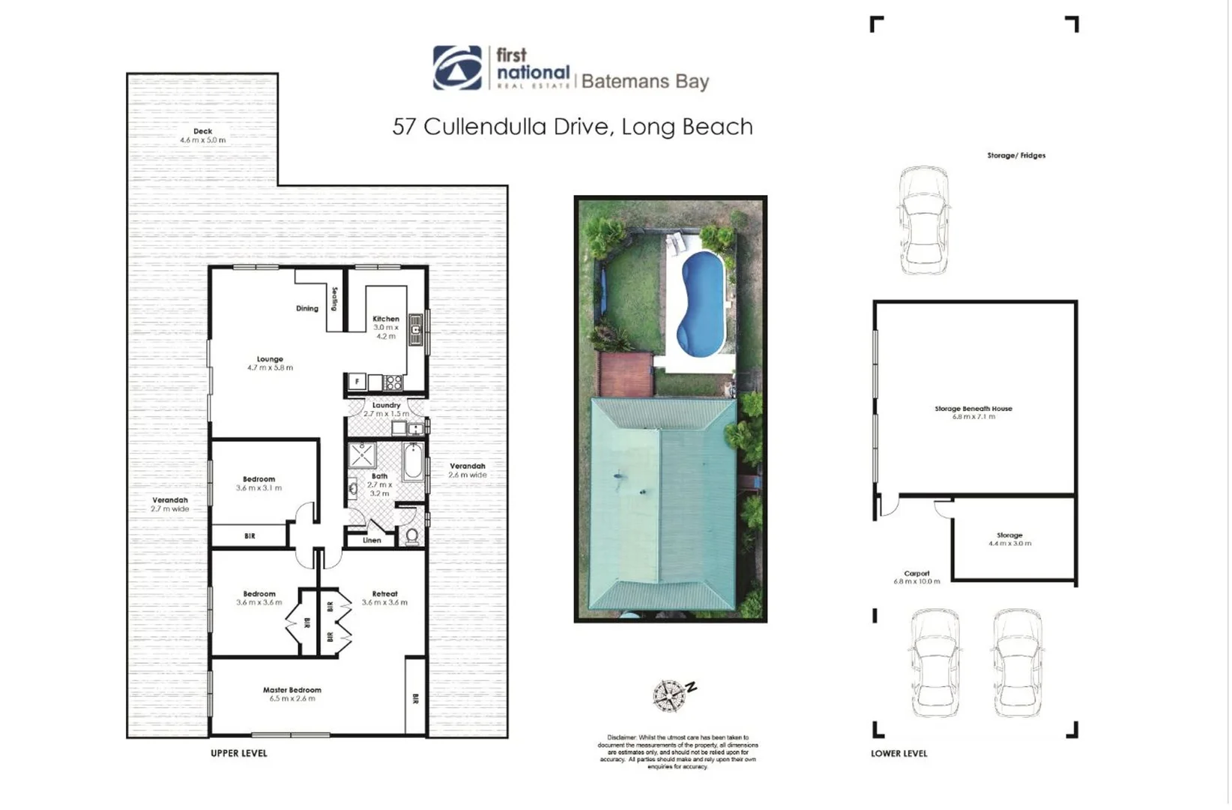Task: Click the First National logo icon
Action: pos(457,68)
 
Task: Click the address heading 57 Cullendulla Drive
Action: pos(572,127)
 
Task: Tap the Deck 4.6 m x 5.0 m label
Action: pos(202,136)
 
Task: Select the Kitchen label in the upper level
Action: pos(386,319)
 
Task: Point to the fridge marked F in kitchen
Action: pos(357,382)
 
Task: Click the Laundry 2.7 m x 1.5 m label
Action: pos(386,409)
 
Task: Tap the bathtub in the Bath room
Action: pos(413,460)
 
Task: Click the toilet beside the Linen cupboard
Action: pos(411,535)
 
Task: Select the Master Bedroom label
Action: pos(292,694)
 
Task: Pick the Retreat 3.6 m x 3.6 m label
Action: pos(384,598)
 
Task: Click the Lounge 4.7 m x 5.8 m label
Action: pos(270,363)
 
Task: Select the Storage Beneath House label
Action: pos(973,412)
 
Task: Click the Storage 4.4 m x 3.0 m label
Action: pos(1009,539)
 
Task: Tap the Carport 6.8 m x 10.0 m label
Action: pos(917,577)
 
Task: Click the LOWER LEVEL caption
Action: pos(899,754)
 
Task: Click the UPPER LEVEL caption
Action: pos(238,753)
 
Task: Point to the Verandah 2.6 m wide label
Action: pos(468,470)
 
